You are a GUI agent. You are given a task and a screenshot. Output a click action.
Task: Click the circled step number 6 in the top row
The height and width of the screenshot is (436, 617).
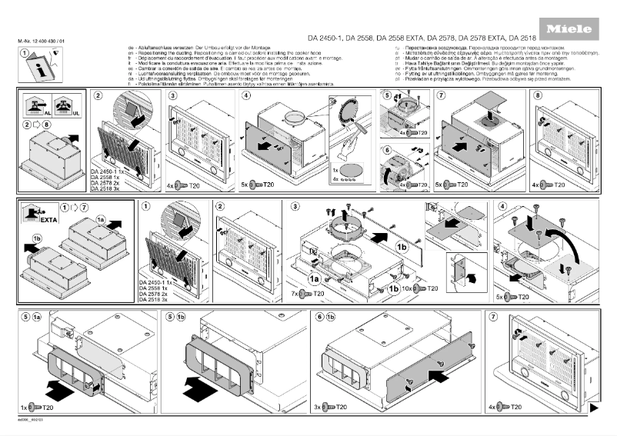tap(389, 150)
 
